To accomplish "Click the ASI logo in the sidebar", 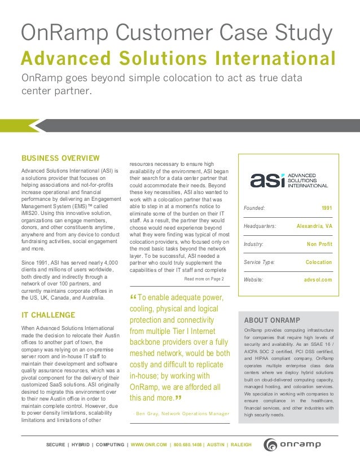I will (288, 181).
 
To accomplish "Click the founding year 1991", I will (327, 209).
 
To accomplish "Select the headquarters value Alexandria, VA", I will (314, 226).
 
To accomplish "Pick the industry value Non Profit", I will (319, 244).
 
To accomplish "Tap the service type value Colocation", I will (319, 262).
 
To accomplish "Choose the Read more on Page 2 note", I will (204, 279).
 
